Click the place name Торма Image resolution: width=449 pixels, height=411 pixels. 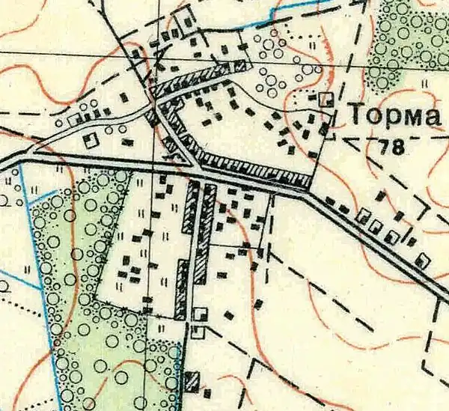pyautogui.click(x=392, y=117)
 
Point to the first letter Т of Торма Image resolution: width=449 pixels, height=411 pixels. pyautogui.click(x=356, y=117)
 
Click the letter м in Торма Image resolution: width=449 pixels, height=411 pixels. pyautogui.click(x=409, y=118)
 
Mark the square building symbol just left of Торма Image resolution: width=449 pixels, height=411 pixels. pyautogui.click(x=326, y=98)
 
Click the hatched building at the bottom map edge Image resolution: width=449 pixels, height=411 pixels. pyautogui.click(x=191, y=380)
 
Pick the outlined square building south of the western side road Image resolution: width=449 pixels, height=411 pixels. pyautogui.click(x=91, y=140)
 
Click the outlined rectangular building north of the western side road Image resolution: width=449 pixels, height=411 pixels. pyautogui.click(x=74, y=119)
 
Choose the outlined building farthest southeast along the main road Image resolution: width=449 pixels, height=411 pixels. pyautogui.click(x=423, y=260)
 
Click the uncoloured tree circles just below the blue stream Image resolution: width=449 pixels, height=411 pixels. pyautogui.click(x=269, y=45)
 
